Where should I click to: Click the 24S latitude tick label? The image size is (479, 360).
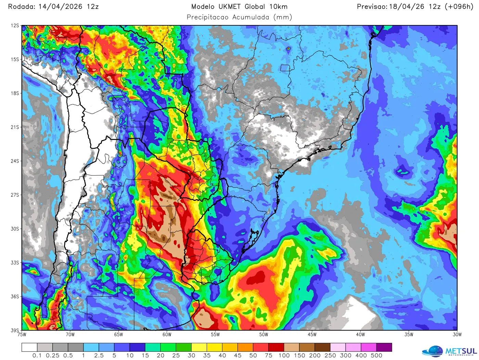(x=15, y=161)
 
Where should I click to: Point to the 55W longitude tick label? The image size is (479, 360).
(x=215, y=335)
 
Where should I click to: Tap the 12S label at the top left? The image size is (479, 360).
(x=15, y=26)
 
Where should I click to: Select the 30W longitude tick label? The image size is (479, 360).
(x=457, y=335)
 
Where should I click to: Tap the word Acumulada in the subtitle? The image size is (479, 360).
(x=251, y=17)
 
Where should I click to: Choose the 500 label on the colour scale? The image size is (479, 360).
(x=376, y=356)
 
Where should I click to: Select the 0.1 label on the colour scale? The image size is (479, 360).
(x=37, y=356)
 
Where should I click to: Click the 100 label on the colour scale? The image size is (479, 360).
(x=284, y=356)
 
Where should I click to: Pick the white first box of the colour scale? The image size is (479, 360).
(x=29, y=348)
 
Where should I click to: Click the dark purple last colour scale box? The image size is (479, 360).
(x=384, y=348)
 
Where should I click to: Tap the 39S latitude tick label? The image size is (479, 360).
(x=15, y=331)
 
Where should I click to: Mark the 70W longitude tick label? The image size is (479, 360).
(x=70, y=335)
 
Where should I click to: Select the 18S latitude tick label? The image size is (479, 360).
(x=15, y=93)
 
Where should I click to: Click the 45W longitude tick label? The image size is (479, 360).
(x=312, y=335)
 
